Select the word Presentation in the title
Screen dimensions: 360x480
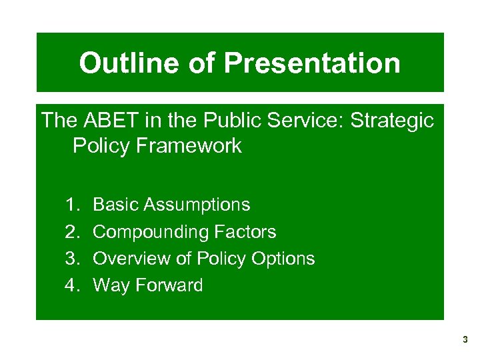(x=312, y=63)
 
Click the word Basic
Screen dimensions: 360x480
(x=115, y=205)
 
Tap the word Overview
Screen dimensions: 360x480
(x=131, y=259)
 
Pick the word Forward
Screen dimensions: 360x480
(x=169, y=285)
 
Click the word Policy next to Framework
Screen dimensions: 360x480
(x=101, y=146)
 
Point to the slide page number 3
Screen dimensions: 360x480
(x=465, y=340)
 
